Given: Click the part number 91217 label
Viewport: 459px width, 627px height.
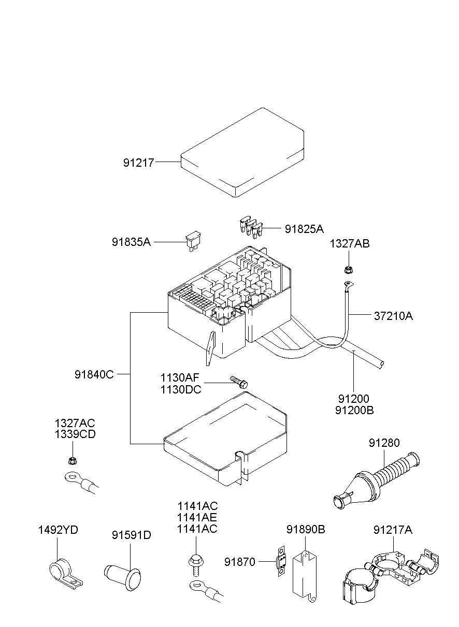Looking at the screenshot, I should point(138,163).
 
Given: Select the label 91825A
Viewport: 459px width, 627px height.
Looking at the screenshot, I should point(304,229).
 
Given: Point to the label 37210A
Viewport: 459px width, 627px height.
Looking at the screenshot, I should point(393,315).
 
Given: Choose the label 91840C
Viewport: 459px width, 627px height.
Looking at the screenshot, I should point(94,374).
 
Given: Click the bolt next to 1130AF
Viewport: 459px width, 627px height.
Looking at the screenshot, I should point(239,382).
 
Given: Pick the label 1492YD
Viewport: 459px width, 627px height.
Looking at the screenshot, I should point(58,530).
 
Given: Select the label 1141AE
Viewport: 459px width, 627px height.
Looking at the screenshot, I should point(197,517).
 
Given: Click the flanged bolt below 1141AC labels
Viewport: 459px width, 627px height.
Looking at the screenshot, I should point(196,563).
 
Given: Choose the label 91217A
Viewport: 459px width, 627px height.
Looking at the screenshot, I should point(393,530).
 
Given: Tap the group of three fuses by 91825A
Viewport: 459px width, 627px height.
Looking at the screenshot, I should point(250,227).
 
